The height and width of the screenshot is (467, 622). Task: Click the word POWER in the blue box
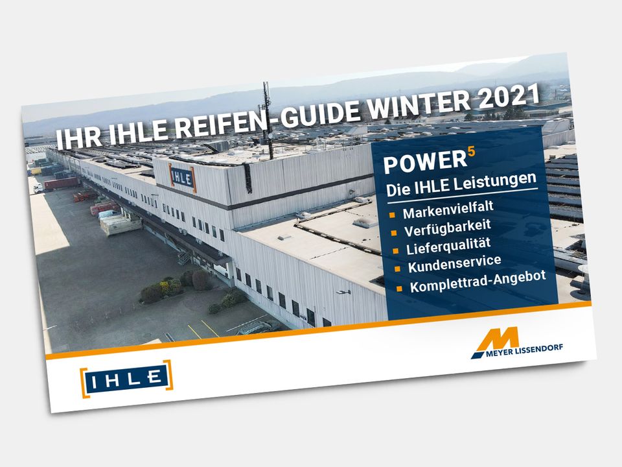[x=425, y=162]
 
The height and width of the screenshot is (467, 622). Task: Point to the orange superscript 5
[x=471, y=151]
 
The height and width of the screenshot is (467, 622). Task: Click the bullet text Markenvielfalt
[x=448, y=210]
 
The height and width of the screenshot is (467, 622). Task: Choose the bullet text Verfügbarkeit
[x=448, y=228]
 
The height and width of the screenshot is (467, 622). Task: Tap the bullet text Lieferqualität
[x=448, y=246]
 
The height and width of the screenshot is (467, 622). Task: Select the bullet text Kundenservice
[x=455, y=265]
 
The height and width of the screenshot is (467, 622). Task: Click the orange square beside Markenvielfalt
[x=393, y=215]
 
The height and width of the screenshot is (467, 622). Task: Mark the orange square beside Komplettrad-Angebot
[x=400, y=288]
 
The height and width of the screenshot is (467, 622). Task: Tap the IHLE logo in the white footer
[x=126, y=378]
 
